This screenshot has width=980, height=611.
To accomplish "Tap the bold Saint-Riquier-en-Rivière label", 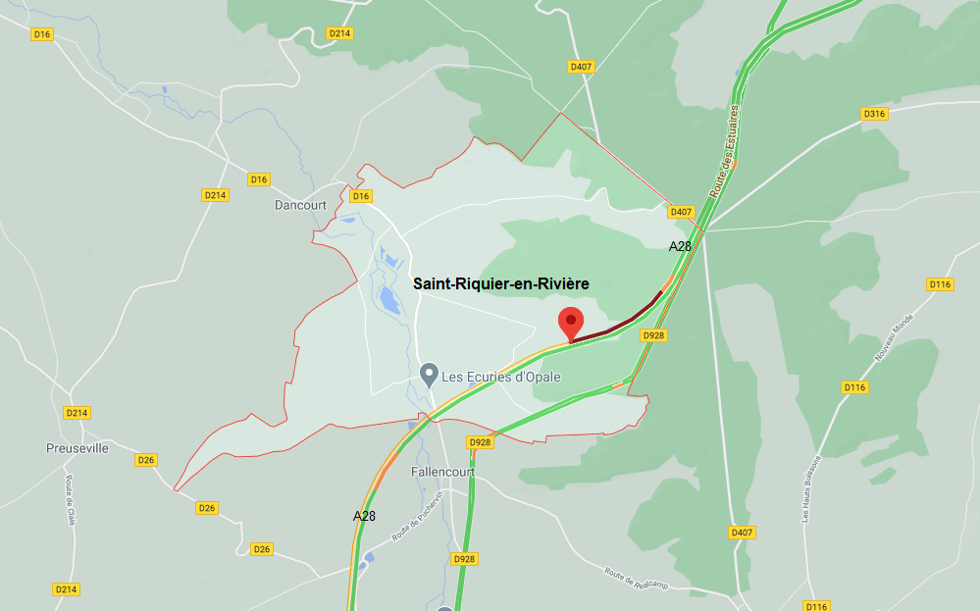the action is point(500,283).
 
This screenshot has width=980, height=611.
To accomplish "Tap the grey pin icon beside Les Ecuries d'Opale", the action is point(429,374).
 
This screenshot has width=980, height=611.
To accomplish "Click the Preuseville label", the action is point(77,448).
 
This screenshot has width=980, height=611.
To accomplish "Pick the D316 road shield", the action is point(874,114).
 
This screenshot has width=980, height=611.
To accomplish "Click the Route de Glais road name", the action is point(71,499).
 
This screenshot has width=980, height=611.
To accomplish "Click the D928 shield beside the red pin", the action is point(653,335).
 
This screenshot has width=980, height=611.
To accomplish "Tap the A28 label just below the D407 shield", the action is point(680,246).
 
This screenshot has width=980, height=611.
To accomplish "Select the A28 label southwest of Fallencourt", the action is point(364,515).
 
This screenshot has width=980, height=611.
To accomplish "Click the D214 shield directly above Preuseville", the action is point(77,413).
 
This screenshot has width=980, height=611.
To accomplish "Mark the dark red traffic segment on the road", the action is point(618,326).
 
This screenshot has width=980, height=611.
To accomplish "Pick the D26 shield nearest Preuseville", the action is point(147,459).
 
